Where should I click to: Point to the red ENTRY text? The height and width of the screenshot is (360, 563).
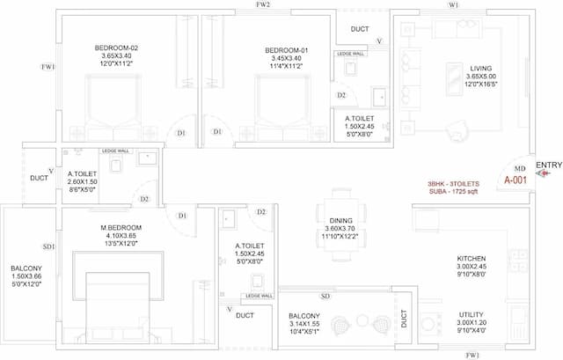pyautogui.click(x=549, y=165)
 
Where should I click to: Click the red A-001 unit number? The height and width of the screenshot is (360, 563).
pyautogui.click(x=516, y=180)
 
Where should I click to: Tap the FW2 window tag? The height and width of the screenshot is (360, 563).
pyautogui.click(x=262, y=5)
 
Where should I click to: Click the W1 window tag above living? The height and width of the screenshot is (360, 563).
pyautogui.click(x=454, y=5)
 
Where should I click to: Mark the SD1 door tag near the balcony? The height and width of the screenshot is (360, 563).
pyautogui.click(x=48, y=247)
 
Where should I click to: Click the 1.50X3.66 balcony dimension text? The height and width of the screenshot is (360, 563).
pyautogui.click(x=26, y=277)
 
